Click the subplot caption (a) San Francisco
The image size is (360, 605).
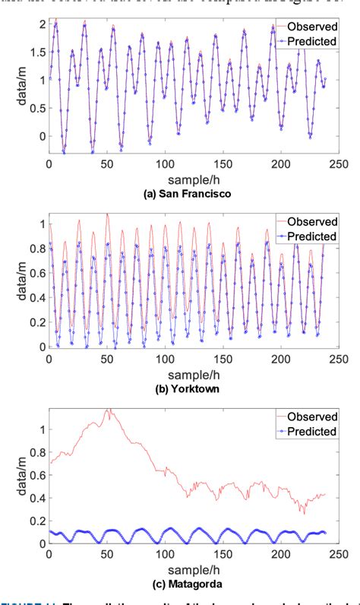pyautogui.click(x=181, y=195)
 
